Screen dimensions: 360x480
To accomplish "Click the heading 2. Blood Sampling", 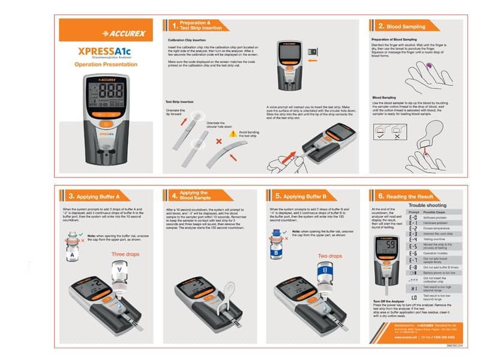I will click(401, 26).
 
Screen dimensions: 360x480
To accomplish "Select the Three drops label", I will click(124, 254).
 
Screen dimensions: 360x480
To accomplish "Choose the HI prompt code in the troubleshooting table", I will click(413, 287).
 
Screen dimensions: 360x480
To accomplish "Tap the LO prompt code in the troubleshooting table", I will click(413, 298).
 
